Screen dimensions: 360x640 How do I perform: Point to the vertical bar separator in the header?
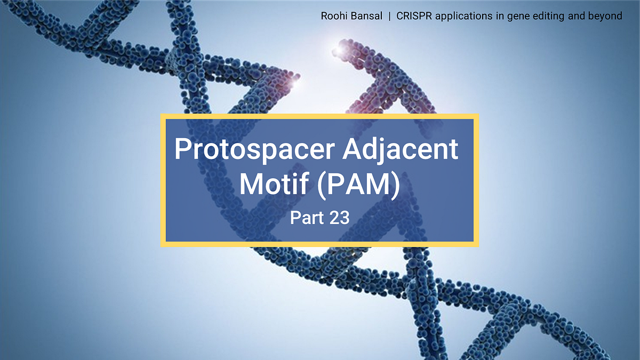pos(389,16)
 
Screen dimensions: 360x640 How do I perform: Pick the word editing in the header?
pos(538,17)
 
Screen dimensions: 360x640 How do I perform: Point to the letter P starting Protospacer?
pos(182,151)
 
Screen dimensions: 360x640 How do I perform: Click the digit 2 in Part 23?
pos(332,218)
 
